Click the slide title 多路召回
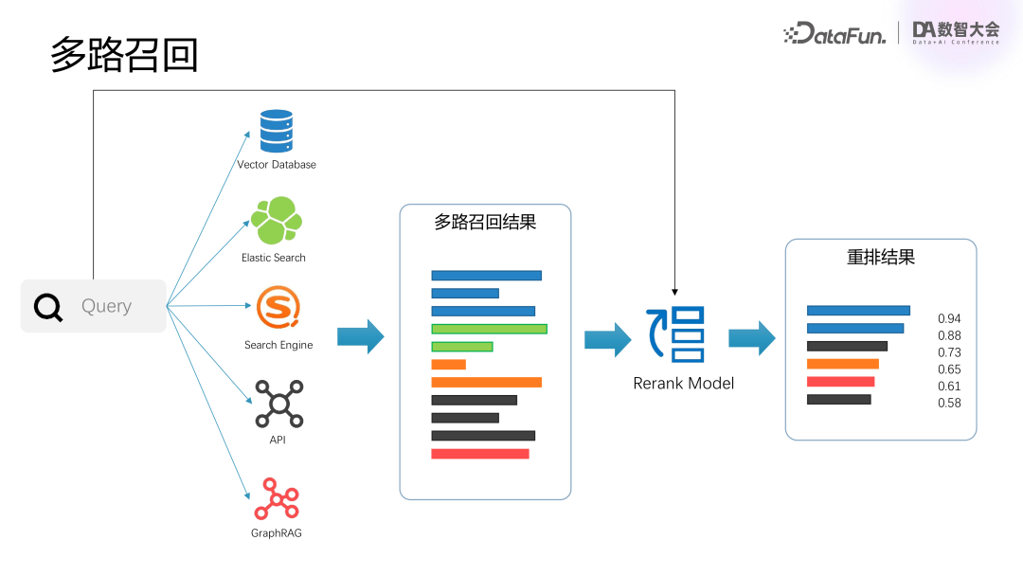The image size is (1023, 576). point(124,56)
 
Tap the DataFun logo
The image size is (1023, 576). point(835,34)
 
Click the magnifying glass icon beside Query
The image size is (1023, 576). point(48,307)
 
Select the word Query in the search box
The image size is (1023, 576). point(106,306)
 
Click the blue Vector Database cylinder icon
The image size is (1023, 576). point(277,131)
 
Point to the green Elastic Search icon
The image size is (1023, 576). point(277,221)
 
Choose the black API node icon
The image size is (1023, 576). point(278,404)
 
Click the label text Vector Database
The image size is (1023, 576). point(277,165)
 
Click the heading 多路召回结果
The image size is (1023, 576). point(485,223)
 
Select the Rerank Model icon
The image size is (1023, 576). point(675,334)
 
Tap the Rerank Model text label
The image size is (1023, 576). point(684,384)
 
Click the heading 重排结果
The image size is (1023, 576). point(880,257)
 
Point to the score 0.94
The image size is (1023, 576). point(949,319)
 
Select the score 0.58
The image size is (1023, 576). point(949,403)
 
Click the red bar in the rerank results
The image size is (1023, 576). point(840,382)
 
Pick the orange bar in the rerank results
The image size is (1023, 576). point(842,364)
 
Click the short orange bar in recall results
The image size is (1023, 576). point(448,365)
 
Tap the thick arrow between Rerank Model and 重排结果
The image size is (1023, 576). point(751,337)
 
